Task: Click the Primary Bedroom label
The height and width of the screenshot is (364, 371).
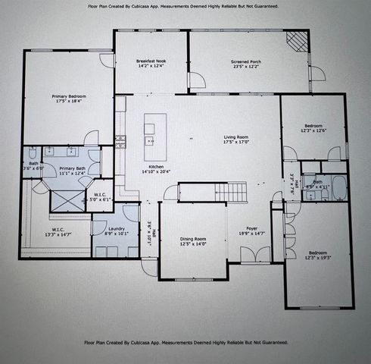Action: pos(69,96)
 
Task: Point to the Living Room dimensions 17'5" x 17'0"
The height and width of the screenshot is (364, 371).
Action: pos(236,142)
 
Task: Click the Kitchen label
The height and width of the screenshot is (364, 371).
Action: pos(155,166)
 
